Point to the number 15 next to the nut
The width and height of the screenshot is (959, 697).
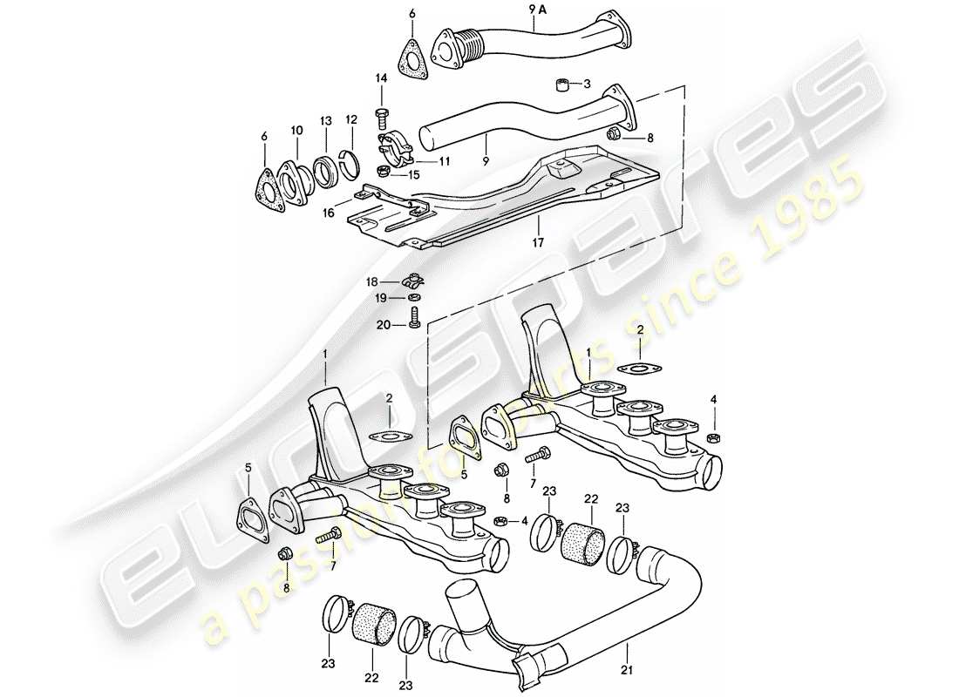412,174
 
